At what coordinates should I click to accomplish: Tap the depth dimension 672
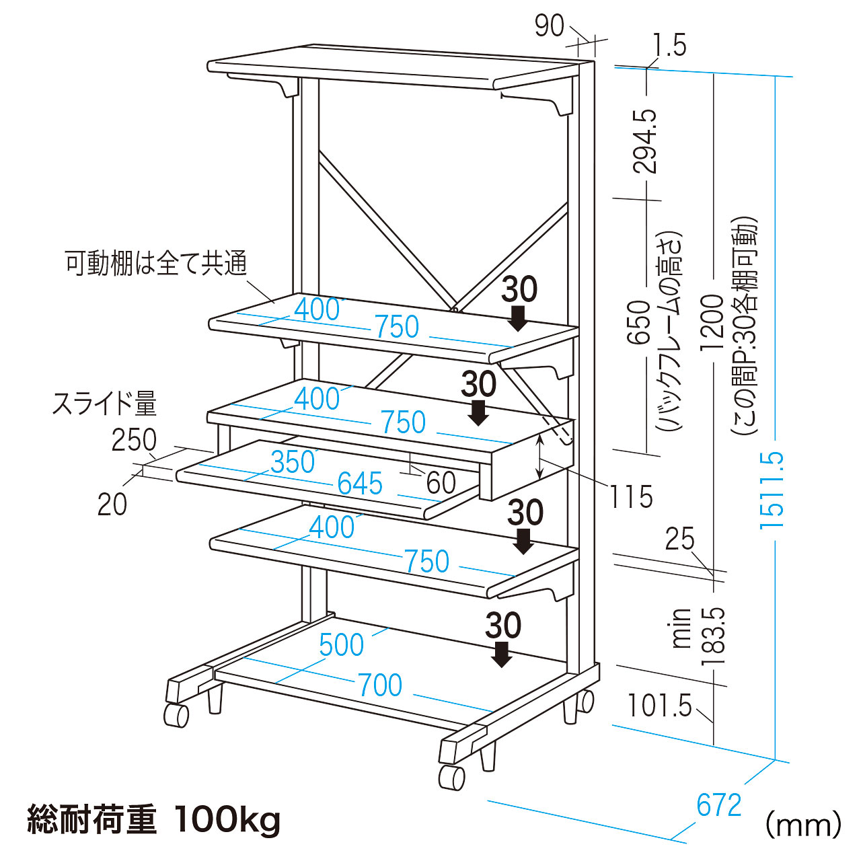[x=719, y=805]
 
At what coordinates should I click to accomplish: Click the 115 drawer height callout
[x=631, y=497]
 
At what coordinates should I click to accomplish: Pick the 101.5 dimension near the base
[x=659, y=706]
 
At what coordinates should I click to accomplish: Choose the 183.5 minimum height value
[x=714, y=636]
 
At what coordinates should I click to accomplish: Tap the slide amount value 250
[x=134, y=441]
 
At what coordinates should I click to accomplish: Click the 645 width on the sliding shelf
[x=360, y=484]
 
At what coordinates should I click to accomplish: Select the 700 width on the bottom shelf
[x=381, y=685]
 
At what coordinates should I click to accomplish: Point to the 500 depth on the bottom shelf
[x=342, y=645]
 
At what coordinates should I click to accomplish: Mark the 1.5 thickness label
[x=669, y=46]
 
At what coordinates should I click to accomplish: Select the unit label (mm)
[x=803, y=825]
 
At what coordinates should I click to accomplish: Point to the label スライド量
[x=104, y=404]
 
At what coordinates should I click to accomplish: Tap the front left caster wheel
[x=451, y=777]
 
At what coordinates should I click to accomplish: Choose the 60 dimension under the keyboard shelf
[x=441, y=482]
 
